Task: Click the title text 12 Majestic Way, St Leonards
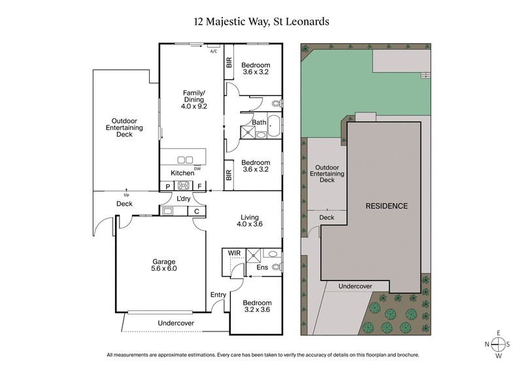pos(261,22)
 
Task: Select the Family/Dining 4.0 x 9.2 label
pos(194,99)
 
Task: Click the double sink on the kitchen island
pos(185,159)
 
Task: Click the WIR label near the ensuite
pos(233,252)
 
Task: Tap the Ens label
pos(261,267)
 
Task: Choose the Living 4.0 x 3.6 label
pos(249,221)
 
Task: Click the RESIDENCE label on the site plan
pos(386,206)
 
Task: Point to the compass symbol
pos(499,344)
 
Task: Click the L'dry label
pos(183,199)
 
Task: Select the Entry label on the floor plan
pos(218,295)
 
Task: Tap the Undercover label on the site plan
pos(355,286)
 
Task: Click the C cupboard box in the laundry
pos(197,211)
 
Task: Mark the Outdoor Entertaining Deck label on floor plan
pos(124,127)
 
